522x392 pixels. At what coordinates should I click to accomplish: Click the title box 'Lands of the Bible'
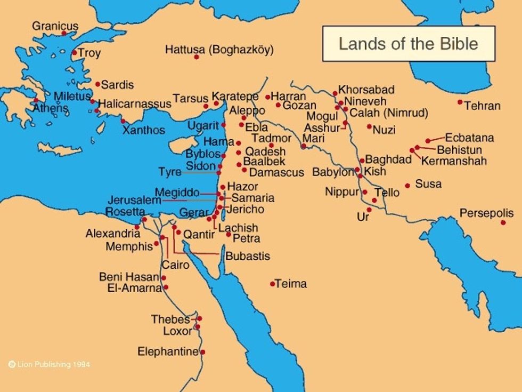point(409,43)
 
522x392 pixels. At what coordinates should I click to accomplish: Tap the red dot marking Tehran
point(460,102)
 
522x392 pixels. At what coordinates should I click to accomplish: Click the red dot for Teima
point(272,284)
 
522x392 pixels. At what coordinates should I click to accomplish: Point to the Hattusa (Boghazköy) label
point(219,50)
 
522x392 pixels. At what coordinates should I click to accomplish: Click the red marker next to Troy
point(75,52)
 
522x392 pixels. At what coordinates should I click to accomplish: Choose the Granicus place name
point(55,26)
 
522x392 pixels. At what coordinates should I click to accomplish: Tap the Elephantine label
point(168,351)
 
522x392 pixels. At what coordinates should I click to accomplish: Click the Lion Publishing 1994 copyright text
point(49,365)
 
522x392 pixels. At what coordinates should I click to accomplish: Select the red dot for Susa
point(407,186)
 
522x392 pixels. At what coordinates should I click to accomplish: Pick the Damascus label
point(276,172)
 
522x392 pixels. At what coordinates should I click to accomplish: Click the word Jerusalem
point(134,201)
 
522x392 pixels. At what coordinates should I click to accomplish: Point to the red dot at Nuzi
point(369,126)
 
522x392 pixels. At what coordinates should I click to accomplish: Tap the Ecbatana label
point(469,138)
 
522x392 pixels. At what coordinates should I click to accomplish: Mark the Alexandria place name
point(113,234)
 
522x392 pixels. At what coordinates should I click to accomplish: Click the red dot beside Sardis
point(97,84)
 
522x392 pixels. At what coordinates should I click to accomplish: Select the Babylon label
point(333,172)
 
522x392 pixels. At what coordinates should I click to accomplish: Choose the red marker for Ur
point(369,210)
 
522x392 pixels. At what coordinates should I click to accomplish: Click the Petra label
point(246,238)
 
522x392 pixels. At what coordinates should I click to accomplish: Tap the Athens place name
point(51,108)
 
